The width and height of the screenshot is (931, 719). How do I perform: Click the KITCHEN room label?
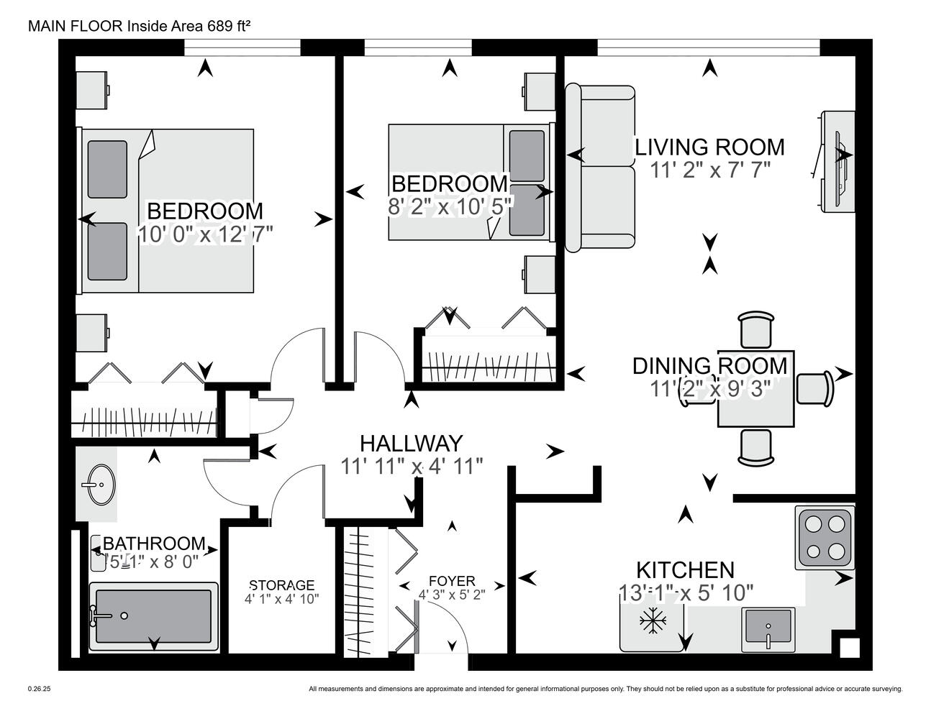point(685,570)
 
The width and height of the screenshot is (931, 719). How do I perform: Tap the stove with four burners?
point(825,538)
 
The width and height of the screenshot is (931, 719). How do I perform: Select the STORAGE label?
point(282,585)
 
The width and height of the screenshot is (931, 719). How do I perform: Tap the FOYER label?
point(451,581)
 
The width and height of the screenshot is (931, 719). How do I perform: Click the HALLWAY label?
point(411,444)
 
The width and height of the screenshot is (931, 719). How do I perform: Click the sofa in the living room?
point(599,168)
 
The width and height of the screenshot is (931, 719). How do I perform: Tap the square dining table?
point(755,390)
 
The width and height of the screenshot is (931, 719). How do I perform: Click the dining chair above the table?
point(755,330)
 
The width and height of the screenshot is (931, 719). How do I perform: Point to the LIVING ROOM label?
point(709,147)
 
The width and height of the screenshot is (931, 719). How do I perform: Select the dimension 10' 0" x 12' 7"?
point(204,234)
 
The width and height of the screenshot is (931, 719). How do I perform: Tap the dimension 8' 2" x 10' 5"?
point(450,206)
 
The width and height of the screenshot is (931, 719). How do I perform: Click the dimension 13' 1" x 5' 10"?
point(686,592)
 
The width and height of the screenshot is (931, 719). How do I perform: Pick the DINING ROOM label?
point(709,365)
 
